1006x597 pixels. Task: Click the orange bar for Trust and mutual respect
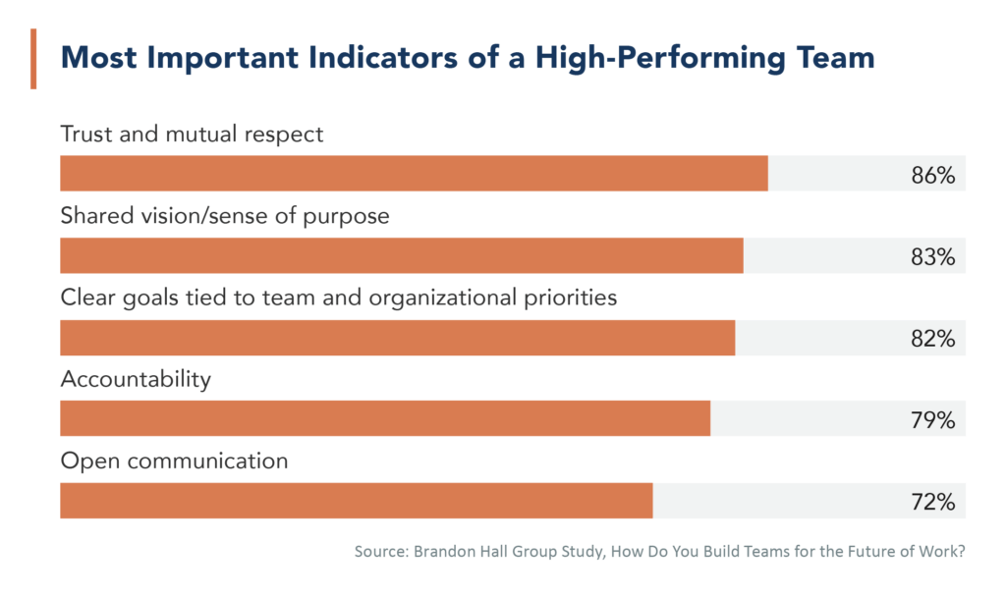click(x=413, y=174)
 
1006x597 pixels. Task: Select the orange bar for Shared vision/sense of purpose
click(x=401, y=255)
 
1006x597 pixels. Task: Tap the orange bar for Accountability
click(x=384, y=418)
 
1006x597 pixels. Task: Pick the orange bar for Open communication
click(x=356, y=500)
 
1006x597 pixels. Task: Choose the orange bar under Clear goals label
click(x=397, y=337)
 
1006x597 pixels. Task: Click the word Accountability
click(x=136, y=379)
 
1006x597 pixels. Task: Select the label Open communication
click(x=174, y=461)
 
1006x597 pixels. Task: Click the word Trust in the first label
click(x=85, y=134)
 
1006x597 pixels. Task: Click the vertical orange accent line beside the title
click(x=33, y=59)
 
